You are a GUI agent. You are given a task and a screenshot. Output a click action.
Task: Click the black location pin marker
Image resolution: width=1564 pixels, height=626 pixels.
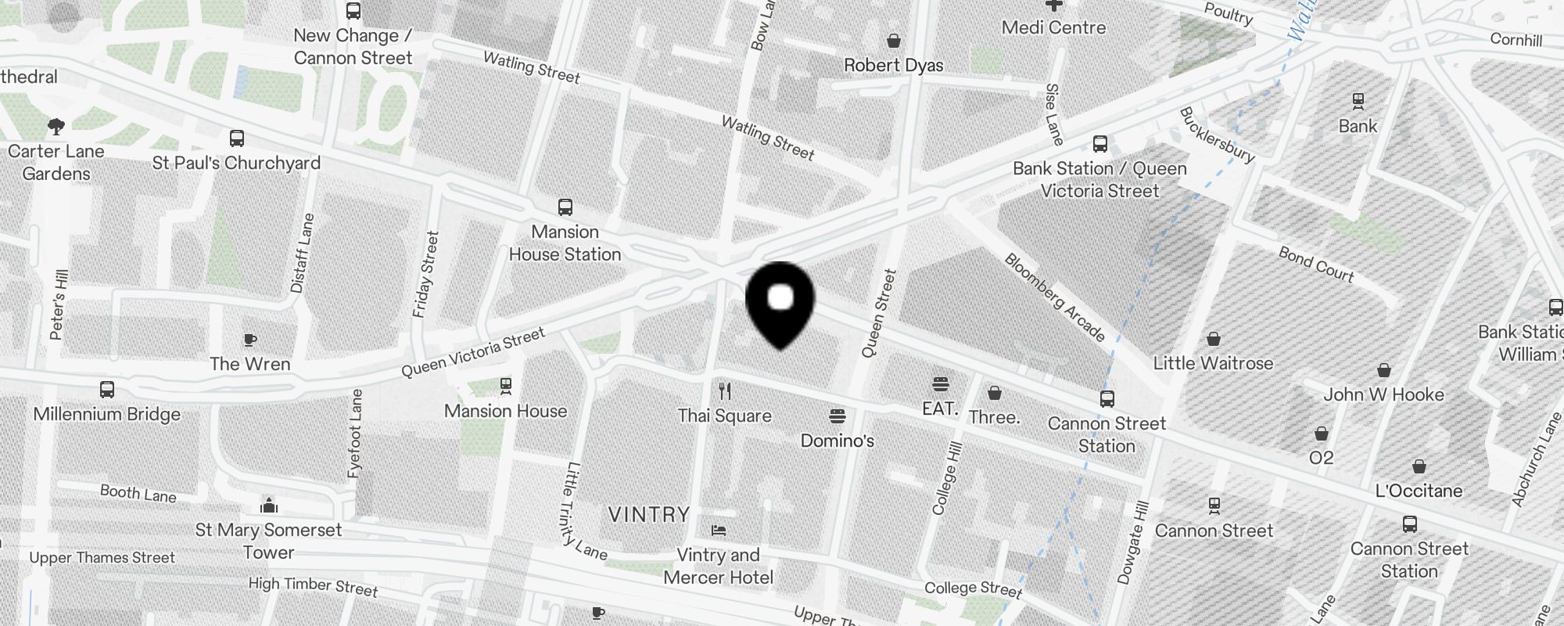click(x=780, y=301)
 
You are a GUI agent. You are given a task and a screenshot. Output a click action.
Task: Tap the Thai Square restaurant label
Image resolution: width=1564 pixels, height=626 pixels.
click(x=725, y=416)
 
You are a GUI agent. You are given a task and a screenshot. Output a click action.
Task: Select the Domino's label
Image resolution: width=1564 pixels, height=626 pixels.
click(x=837, y=441)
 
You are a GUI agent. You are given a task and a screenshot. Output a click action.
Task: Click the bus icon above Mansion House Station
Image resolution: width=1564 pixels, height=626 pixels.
click(x=565, y=207)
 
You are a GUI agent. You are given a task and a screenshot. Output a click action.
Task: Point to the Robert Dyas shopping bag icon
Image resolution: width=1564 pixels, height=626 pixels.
click(x=894, y=41)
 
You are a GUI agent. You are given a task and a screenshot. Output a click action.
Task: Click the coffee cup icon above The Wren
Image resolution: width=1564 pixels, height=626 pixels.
click(x=249, y=340)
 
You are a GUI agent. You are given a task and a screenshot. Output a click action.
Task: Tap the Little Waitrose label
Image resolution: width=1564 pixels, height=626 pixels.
click(x=1213, y=363)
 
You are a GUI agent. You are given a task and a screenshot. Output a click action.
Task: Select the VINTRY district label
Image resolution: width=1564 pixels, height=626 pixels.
click(x=649, y=514)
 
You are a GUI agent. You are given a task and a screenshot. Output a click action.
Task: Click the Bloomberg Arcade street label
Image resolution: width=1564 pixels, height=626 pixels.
click(x=1055, y=297)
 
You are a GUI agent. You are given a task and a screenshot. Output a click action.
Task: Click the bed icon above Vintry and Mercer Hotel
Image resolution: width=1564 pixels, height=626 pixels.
click(x=718, y=531)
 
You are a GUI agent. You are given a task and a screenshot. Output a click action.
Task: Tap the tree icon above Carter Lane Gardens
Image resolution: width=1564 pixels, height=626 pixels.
click(x=56, y=127)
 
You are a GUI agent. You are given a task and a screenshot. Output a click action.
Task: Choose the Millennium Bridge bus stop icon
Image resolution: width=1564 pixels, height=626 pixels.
click(x=107, y=389)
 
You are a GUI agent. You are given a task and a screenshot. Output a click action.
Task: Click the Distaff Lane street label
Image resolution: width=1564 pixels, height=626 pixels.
click(x=302, y=253)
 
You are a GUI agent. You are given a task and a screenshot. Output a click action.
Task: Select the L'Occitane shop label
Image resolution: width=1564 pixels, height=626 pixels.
click(x=1419, y=491)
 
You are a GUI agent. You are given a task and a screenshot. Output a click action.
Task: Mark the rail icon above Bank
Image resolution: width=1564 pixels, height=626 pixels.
click(x=1358, y=101)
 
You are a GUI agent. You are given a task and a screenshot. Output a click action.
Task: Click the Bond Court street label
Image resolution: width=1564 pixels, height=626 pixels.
click(x=1316, y=264)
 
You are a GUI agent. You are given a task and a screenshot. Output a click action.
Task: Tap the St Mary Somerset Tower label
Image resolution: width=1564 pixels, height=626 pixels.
click(x=268, y=541)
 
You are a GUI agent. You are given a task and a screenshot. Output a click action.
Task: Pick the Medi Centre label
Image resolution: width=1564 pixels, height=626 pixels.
click(x=1053, y=27)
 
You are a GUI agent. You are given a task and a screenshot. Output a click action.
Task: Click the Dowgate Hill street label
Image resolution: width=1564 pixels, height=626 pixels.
click(x=1135, y=543)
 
